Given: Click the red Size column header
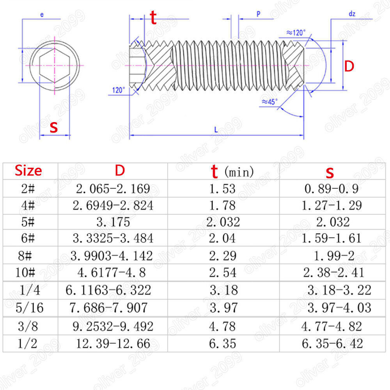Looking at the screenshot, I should tap(28, 171).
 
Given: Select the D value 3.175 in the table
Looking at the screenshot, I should tap(113, 222).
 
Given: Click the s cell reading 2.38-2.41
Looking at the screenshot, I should tap(333, 272).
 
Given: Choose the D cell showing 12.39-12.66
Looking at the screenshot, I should tap(112, 344).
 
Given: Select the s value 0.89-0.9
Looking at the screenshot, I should tap(331, 189).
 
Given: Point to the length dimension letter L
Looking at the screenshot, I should tap(216, 130).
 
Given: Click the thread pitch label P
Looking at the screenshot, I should tap(258, 14).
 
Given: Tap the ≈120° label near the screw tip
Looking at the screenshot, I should tap(295, 33).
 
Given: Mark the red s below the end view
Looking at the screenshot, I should tap(54, 127).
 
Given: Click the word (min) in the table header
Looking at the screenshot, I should tap(239, 171).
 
